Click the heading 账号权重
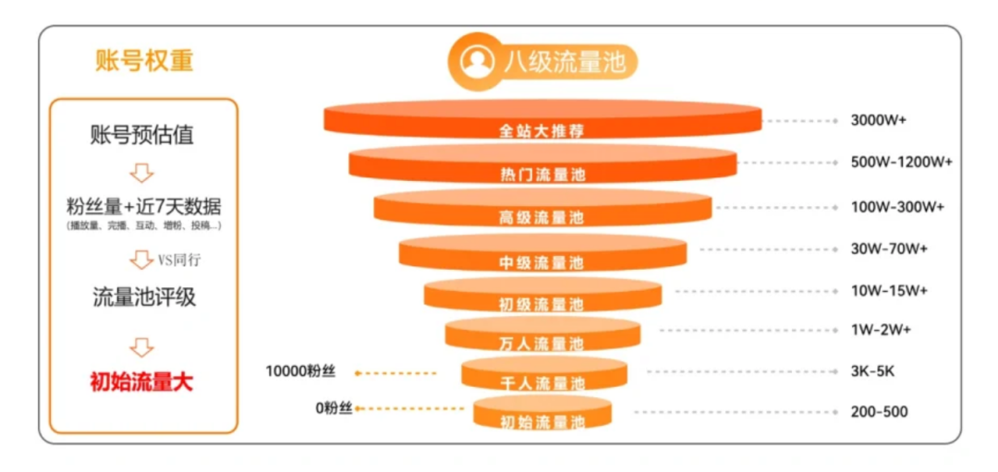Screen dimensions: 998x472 coord(143,60)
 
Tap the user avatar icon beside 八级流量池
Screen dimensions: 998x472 coord(478,62)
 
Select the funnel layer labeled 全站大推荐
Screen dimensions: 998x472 coord(542,121)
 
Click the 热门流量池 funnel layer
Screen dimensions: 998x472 coord(542,166)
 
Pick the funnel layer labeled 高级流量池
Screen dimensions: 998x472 coord(542,211)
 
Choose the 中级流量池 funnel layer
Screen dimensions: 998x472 coord(542,255)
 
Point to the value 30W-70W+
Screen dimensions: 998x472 coord(889,248)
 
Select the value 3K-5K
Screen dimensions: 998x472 coord(872,371)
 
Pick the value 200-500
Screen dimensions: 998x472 coord(879,412)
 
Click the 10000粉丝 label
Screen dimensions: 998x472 coord(299,372)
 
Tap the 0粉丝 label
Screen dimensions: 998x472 coord(333,407)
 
